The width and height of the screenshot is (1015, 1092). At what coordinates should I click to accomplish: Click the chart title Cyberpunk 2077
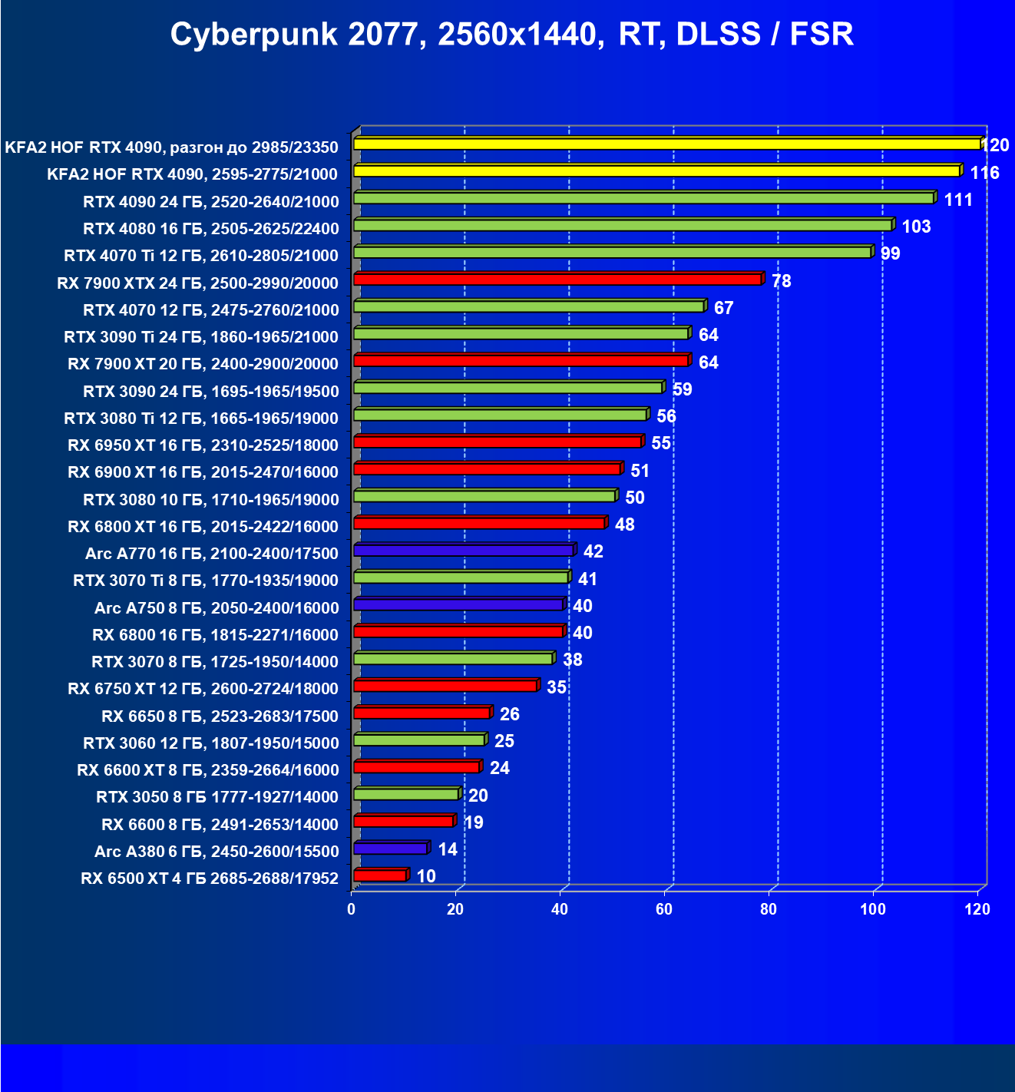pos(511,35)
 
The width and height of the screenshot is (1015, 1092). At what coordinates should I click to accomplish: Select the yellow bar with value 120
pos(666,144)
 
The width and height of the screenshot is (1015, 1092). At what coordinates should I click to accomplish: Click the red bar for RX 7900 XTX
pos(557,279)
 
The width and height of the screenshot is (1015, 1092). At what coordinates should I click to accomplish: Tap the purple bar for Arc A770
pos(464,550)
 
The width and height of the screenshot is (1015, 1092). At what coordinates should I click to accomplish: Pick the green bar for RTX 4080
pos(623,225)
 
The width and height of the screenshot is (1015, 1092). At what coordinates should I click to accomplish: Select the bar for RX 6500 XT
pos(380,875)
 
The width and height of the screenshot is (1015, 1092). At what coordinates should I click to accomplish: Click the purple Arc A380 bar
pos(390,849)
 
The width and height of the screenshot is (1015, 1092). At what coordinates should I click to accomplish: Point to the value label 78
pos(782,281)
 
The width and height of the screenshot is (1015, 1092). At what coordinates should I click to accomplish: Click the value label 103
pos(916,227)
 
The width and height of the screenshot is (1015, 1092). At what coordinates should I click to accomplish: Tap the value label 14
pos(447,849)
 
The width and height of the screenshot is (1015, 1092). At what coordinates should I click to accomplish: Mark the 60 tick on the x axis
pos(664,909)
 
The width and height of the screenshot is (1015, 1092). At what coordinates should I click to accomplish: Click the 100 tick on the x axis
pos(872,909)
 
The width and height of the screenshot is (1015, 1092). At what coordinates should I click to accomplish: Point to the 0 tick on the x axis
pos(352,909)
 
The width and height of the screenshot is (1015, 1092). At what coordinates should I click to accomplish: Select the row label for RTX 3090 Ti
pos(201,337)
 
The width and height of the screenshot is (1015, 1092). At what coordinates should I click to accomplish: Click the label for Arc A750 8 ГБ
pos(217,608)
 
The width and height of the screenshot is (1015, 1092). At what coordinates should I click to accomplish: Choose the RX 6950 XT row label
pos(203,445)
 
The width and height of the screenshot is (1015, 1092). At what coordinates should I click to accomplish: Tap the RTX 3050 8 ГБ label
pos(217,797)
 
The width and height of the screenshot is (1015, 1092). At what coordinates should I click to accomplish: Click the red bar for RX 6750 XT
pos(445,686)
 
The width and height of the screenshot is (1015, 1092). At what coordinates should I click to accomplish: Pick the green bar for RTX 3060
pos(419,740)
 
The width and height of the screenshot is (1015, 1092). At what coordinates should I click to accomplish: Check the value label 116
pos(984,173)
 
